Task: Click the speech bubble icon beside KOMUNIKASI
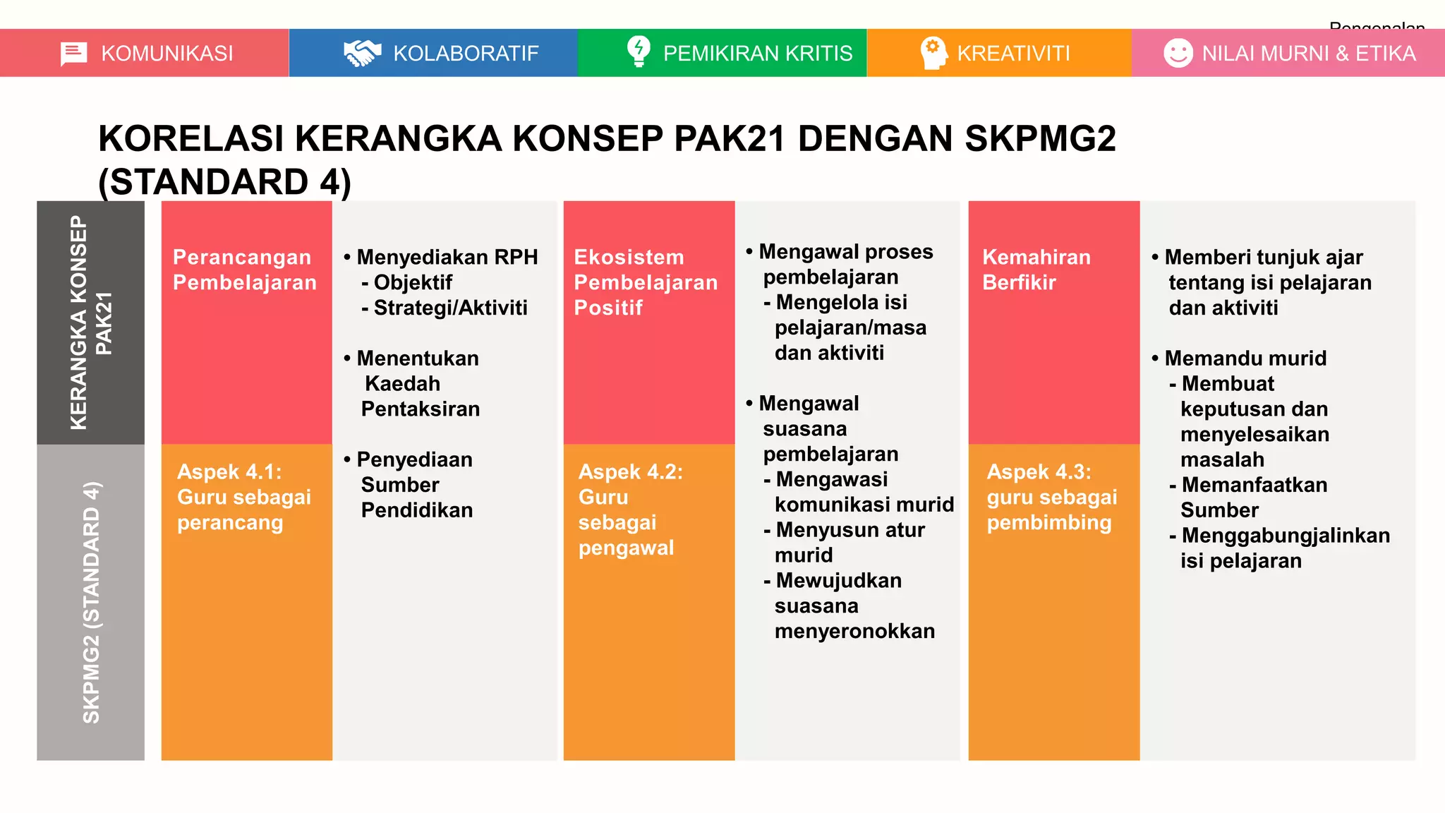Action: tap(73, 54)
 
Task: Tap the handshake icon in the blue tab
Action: tap(362, 54)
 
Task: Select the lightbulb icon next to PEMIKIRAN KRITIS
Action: tap(639, 52)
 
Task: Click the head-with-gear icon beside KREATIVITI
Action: tap(933, 53)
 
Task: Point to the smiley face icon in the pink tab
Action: tap(1178, 53)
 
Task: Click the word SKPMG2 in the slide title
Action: tap(1039, 138)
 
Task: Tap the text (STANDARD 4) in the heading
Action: tap(224, 182)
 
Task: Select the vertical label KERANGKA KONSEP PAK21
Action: tap(90, 323)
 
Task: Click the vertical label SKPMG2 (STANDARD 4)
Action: tap(91, 602)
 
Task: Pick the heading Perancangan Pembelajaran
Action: tap(244, 270)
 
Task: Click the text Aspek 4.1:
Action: tap(229, 471)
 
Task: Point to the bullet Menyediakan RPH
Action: tap(447, 257)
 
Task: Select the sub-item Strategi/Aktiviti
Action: tap(449, 308)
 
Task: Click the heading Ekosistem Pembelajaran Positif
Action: tap(645, 282)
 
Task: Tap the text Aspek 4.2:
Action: tap(630, 471)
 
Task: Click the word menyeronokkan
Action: tap(854, 631)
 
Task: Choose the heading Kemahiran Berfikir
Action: tap(1036, 270)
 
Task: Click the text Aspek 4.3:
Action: tap(1039, 471)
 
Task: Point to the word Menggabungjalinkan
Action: tap(1285, 536)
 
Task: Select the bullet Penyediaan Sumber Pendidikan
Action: tap(415, 485)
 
